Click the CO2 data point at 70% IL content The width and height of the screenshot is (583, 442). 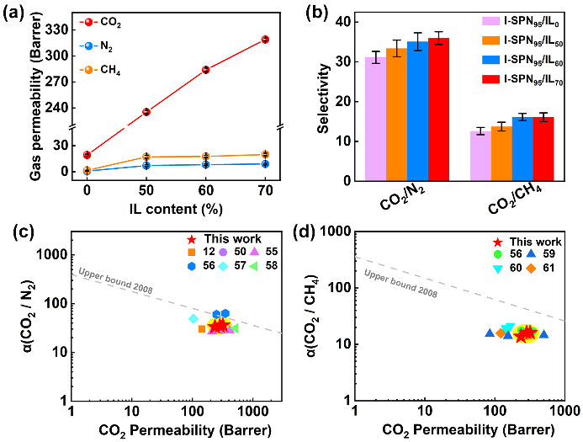264,40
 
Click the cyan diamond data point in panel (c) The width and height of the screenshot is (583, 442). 193,319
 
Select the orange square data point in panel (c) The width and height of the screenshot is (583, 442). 202,328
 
